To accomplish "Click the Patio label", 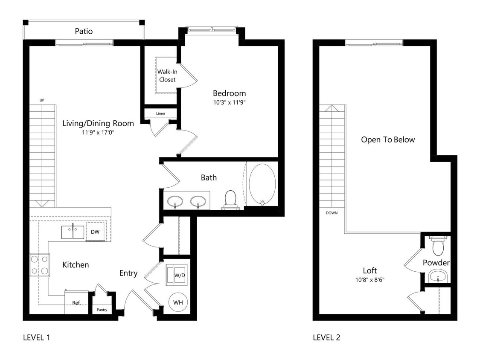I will [x=84, y=31].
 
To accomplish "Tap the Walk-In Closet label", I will [x=167, y=75].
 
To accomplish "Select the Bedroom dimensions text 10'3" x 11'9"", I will [x=229, y=102].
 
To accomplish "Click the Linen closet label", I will [x=160, y=113].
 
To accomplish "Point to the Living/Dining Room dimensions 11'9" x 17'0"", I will [x=98, y=133].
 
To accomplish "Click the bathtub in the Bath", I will [x=262, y=184].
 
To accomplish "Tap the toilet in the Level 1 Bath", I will [x=230, y=199].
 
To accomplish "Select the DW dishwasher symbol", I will [x=95, y=232].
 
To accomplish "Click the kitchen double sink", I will [x=72, y=232].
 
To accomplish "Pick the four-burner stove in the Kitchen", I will [x=39, y=265].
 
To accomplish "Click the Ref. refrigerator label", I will [x=76, y=303].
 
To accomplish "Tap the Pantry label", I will [x=102, y=310].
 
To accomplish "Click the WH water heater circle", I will [x=178, y=302].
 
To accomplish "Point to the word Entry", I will [x=128, y=273].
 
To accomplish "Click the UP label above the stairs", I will [x=42, y=100].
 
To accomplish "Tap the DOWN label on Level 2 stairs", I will [x=331, y=212].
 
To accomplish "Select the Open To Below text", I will [x=387, y=140].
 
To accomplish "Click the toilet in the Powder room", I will [x=438, y=246].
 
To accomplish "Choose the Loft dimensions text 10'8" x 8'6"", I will [x=370, y=280].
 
